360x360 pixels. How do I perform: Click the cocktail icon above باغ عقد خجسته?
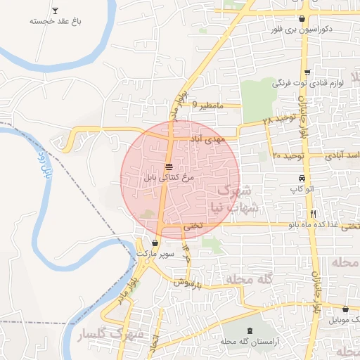[56, 11]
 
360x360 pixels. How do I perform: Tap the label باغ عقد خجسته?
[56, 22]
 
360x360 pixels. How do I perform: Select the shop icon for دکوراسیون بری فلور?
[302, 19]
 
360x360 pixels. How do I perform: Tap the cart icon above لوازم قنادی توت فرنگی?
[307, 72]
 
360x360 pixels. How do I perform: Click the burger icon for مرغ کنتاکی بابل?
[169, 167]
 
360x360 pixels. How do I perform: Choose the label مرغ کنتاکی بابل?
[169, 179]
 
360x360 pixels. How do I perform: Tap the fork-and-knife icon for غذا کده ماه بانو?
[313, 214]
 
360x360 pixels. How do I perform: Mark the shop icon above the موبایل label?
[346, 309]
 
